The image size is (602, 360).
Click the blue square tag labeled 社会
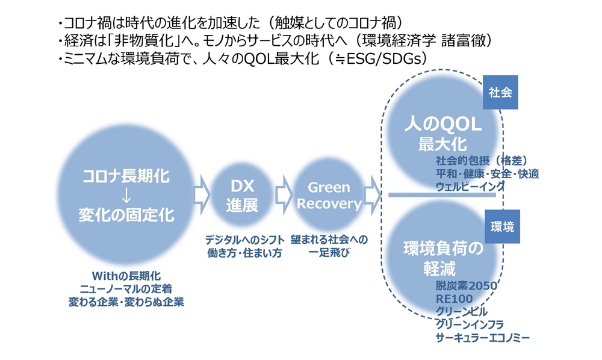[500, 93]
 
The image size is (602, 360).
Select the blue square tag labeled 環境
[502, 226]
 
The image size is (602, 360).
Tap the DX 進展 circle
[242, 196]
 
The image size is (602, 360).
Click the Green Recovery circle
[329, 196]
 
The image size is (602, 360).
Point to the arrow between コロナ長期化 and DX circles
[202, 195]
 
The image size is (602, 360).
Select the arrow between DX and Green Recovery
[284, 195]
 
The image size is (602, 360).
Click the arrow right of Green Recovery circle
[371, 195]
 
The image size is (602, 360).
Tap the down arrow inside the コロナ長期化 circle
[126, 196]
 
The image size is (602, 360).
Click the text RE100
[454, 299]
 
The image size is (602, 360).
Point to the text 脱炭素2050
[467, 285]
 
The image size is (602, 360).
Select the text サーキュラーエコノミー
[483, 338]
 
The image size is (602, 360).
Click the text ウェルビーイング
[470, 187]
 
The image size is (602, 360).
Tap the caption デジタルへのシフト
[244, 240]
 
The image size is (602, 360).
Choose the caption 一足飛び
[329, 253]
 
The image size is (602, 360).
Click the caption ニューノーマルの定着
[126, 288]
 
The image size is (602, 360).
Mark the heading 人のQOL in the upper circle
[442, 125]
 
